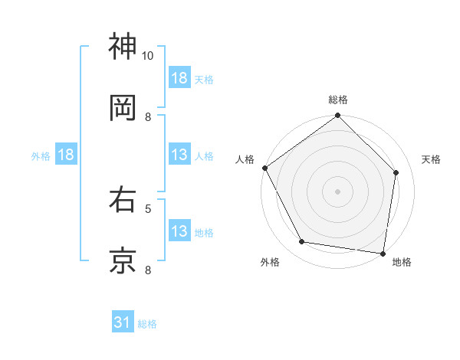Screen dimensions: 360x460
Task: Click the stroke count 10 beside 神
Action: (148, 56)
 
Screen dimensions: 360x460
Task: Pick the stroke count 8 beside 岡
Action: (148, 116)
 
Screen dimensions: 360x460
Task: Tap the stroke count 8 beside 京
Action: (148, 269)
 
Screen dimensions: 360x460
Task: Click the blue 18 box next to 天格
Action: (179, 78)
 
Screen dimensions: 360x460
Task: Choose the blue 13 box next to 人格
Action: (179, 155)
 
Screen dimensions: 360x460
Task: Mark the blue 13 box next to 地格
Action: (179, 231)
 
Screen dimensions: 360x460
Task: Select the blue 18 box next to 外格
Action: (66, 155)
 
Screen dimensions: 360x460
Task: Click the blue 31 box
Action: (123, 322)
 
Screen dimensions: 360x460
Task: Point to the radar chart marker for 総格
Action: (337, 116)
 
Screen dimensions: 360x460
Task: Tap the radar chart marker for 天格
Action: (396, 172)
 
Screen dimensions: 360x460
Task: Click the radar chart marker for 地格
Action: (383, 253)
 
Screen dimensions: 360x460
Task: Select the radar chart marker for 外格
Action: (302, 242)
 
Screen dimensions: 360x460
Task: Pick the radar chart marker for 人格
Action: (265, 168)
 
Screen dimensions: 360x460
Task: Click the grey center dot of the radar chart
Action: (337, 191)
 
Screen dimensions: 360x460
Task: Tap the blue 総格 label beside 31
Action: (147, 324)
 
